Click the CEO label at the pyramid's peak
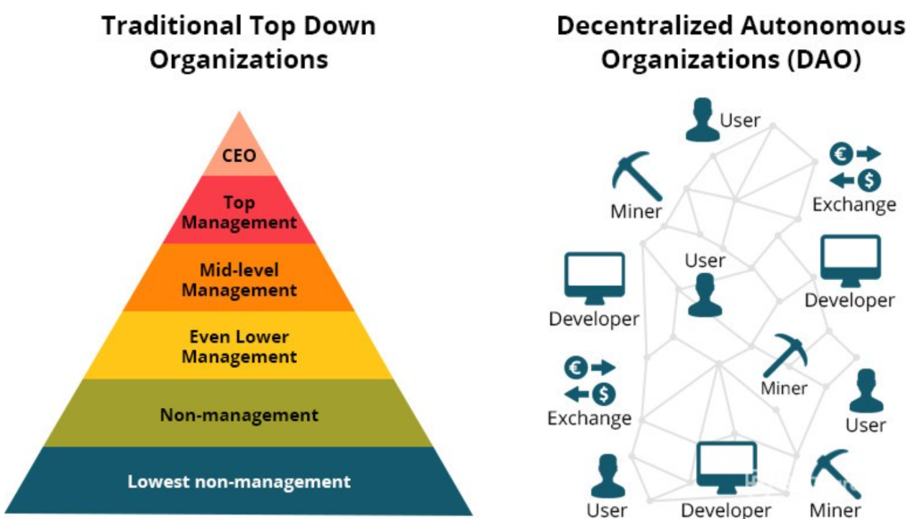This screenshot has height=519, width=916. tap(239, 156)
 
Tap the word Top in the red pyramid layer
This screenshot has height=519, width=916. tap(239, 203)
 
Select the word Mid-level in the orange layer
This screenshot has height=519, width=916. tap(239, 270)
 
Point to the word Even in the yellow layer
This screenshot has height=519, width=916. tap(208, 336)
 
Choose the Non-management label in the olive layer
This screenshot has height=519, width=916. tap(239, 415)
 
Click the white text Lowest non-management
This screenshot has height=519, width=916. tap(239, 481)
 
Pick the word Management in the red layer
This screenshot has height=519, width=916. tap(239, 223)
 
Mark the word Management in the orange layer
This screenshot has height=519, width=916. tap(239, 291)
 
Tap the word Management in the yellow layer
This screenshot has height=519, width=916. tap(239, 357)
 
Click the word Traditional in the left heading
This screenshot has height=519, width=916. tap(172, 26)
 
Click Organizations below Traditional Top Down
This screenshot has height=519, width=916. tap(239, 60)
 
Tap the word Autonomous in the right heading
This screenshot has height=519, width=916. tap(823, 26)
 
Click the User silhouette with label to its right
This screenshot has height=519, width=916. tap(702, 120)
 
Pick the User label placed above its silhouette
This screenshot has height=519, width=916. tap(705, 260)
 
